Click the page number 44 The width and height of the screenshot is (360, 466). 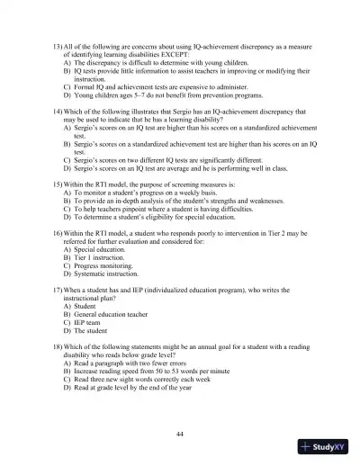click(x=181, y=435)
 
